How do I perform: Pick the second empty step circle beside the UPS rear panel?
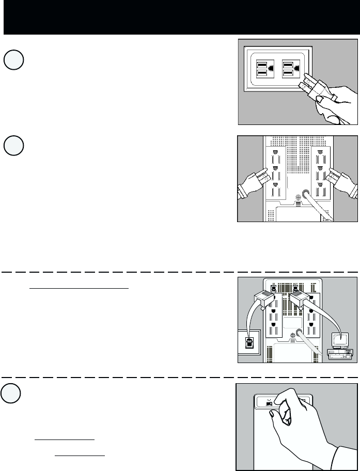click(x=13, y=145)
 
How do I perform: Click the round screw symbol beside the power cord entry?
click(x=297, y=197)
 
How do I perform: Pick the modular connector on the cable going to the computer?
click(x=304, y=300)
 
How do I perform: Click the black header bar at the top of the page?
click(x=180, y=18)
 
